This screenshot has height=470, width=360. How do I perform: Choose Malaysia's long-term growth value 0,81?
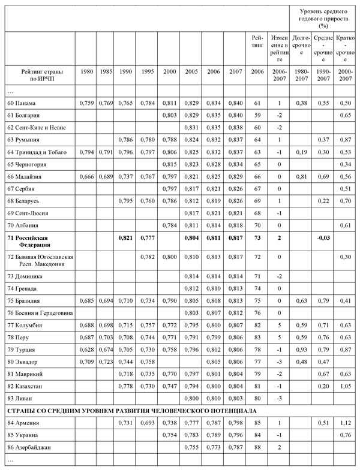coord(302,177)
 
